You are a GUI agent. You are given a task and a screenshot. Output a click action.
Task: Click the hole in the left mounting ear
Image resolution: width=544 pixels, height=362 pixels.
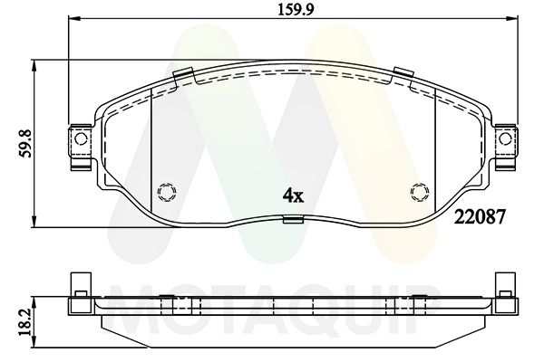(79, 139)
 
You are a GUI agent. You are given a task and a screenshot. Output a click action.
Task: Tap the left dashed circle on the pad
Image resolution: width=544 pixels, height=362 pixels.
(165, 191)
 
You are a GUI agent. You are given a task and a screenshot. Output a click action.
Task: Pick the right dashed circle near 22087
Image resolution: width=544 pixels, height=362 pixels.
(418, 191)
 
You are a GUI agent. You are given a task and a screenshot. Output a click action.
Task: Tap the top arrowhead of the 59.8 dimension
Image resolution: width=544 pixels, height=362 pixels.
(34, 64)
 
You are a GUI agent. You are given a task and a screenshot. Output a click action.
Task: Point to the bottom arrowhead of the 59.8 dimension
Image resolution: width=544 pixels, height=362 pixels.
(34, 222)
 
